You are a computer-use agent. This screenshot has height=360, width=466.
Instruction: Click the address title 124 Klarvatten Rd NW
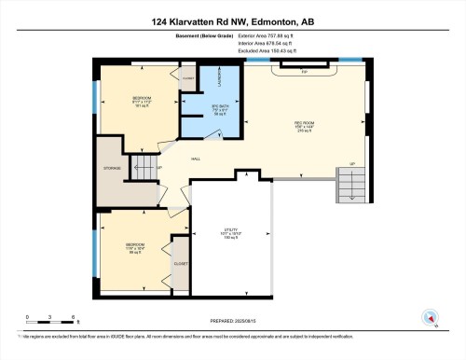click(232, 21)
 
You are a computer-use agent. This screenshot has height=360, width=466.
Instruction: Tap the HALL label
click(197, 159)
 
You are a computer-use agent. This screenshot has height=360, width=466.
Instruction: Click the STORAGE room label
click(112, 170)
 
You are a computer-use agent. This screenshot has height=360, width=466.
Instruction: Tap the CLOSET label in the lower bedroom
click(180, 264)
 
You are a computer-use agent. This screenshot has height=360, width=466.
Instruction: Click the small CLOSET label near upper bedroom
click(187, 80)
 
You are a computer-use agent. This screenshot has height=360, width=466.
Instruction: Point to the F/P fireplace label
click(302, 69)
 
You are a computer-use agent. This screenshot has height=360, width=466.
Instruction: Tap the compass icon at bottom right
click(430, 315)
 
